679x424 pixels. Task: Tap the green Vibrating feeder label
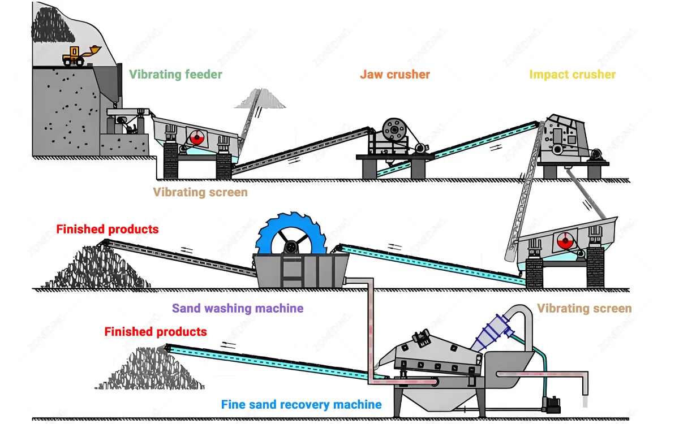click(175, 75)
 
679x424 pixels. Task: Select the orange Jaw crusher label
click(395, 75)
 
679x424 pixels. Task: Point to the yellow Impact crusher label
click(572, 75)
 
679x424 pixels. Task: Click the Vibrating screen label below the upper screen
click(200, 192)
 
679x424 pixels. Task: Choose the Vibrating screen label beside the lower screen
click(584, 309)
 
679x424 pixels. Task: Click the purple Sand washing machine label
click(238, 309)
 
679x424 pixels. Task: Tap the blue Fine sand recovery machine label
click(301, 405)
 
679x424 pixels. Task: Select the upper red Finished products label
click(108, 230)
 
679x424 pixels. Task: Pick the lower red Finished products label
click(156, 332)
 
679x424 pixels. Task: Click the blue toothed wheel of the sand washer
click(290, 240)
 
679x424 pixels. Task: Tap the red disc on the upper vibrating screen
click(196, 137)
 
